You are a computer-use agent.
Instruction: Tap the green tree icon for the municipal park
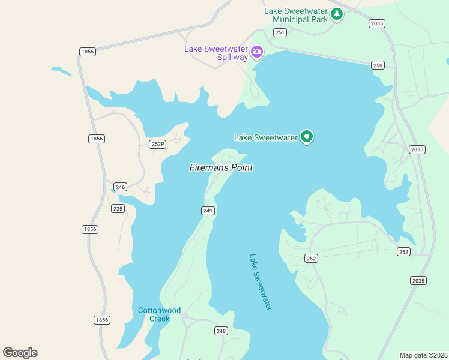[x=337, y=14]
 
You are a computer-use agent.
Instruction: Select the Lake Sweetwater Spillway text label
[x=216, y=53]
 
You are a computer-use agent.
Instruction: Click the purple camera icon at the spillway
[x=257, y=52]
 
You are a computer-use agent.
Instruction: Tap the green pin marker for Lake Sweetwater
[x=307, y=137]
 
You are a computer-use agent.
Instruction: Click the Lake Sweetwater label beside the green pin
[x=265, y=137]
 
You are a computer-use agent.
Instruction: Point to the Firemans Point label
[x=221, y=168]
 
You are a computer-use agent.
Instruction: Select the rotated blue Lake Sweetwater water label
[x=261, y=281]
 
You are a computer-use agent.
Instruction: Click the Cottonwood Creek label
[x=159, y=314]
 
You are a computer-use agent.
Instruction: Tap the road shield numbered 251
[x=280, y=32]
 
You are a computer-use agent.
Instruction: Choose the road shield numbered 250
[x=378, y=65]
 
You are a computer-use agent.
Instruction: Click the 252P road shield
[x=157, y=144]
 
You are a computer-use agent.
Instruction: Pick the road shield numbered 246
[x=120, y=187]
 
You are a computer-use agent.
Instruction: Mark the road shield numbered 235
[x=118, y=209]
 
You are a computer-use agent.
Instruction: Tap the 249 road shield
[x=208, y=211]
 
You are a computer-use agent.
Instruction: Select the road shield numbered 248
[x=221, y=331]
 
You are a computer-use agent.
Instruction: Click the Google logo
[x=20, y=353]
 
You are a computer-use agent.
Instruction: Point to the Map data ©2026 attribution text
[x=424, y=355]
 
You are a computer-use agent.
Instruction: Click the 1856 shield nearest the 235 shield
[x=89, y=229]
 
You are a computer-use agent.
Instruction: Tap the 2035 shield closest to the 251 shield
[x=377, y=23]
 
